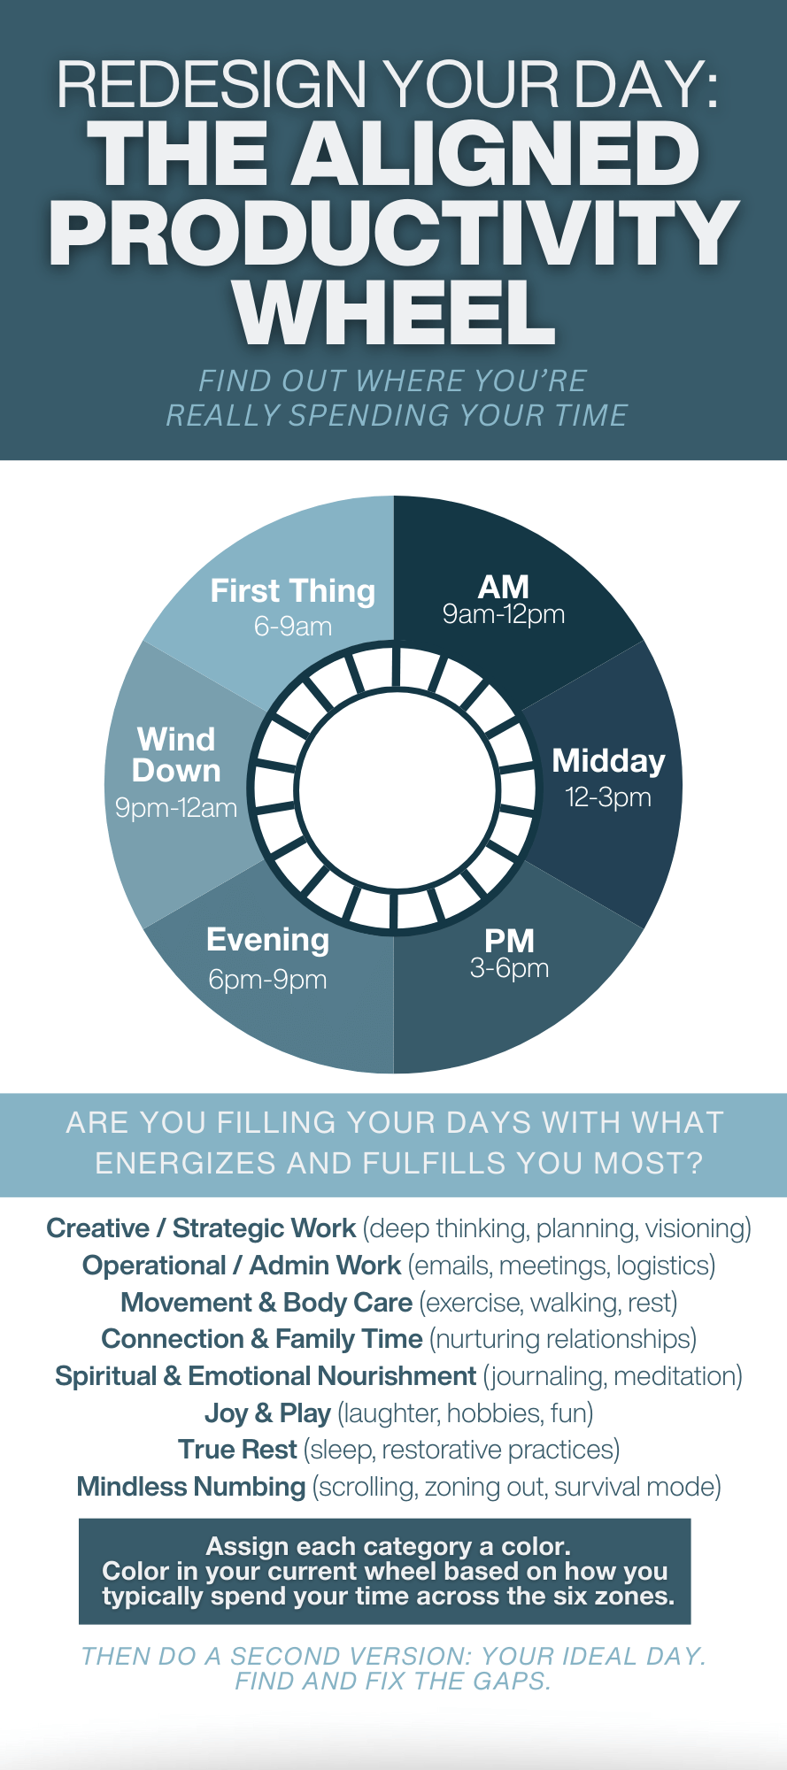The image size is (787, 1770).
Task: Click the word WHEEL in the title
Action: (395, 313)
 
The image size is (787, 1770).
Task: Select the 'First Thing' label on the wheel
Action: (292, 591)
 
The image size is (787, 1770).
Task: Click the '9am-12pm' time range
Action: (504, 615)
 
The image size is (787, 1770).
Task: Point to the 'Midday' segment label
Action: (608, 761)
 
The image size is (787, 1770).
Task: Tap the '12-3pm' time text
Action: (608, 797)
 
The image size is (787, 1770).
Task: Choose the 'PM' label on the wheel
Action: (509, 940)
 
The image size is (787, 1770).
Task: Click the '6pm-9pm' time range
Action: (267, 980)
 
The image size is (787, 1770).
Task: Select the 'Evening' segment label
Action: (267, 940)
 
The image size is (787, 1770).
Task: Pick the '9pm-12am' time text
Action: (176, 808)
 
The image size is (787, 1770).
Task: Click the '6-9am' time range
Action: (292, 627)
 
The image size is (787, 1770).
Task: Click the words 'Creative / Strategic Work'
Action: (201, 1228)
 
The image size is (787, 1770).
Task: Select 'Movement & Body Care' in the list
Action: (266, 1303)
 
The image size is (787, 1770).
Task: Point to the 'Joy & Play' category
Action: (267, 1413)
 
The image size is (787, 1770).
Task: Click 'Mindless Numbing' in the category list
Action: (191, 1487)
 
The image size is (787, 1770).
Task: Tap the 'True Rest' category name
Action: (237, 1450)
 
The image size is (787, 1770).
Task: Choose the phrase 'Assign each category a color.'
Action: (388, 1546)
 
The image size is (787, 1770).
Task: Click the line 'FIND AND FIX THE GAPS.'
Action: (393, 1681)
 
